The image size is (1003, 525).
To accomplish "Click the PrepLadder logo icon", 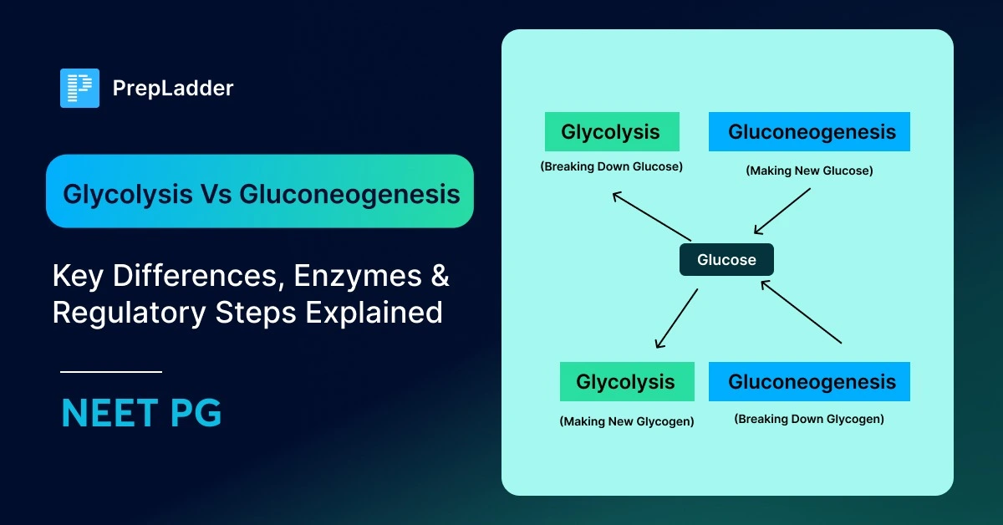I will pyautogui.click(x=79, y=88).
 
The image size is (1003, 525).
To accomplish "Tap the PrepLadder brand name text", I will pyautogui.click(x=172, y=88).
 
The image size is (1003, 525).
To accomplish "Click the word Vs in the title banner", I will pyautogui.click(x=215, y=194).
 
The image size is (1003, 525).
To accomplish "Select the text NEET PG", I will pyautogui.click(x=141, y=414).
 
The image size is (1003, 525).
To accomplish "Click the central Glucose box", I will pyautogui.click(x=726, y=260).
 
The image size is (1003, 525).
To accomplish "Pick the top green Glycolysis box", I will pyautogui.click(x=611, y=132).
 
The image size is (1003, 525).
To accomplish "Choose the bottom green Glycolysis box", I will pyautogui.click(x=626, y=382).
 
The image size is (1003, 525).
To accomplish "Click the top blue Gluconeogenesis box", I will pyautogui.click(x=809, y=132).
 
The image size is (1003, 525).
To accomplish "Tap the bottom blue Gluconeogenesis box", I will pyautogui.click(x=809, y=382).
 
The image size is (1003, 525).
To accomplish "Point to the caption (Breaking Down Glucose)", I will pyautogui.click(x=611, y=166).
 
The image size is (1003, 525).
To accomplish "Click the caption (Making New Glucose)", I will pyautogui.click(x=809, y=171).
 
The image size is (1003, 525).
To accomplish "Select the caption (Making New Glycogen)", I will pyautogui.click(x=626, y=421).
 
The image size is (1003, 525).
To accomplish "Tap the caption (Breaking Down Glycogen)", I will pyautogui.click(x=809, y=419).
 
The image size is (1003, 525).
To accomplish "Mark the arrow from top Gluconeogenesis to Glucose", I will pyautogui.click(x=782, y=211).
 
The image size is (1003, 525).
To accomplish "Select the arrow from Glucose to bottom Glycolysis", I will pyautogui.click(x=676, y=319).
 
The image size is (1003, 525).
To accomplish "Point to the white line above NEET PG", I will pyautogui.click(x=111, y=372).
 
